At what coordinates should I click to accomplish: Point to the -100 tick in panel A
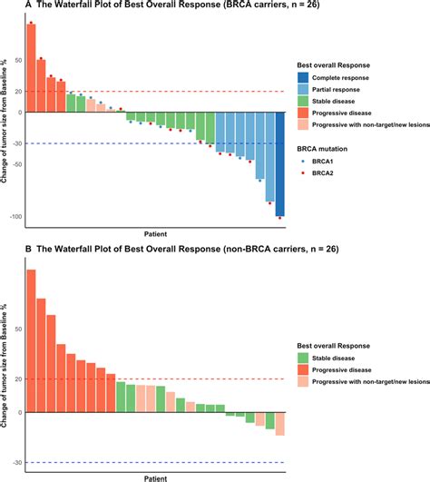(15, 217)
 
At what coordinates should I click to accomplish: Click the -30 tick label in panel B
(17, 463)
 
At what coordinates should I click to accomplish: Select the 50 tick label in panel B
(19, 330)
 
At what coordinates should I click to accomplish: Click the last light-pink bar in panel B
(280, 423)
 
